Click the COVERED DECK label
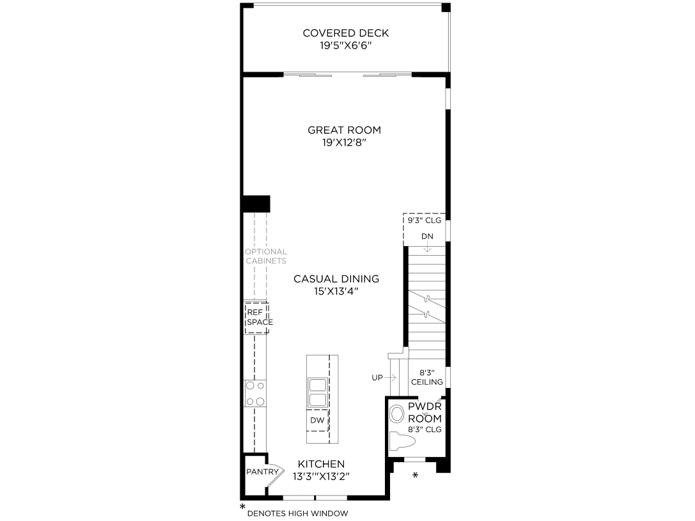345,33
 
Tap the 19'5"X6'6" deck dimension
345,47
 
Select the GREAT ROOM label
340,130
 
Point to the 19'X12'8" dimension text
340,143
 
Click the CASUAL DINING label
336,279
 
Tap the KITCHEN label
321,464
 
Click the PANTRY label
262,472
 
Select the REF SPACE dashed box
258,317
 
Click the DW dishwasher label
317,420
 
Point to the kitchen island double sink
318,393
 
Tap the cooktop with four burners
255,393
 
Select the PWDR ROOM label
425,412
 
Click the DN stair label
427,237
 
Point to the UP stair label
377,378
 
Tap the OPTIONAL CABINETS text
265,256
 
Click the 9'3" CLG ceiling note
425,221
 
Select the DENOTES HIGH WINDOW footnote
297,513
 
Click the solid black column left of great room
256,204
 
